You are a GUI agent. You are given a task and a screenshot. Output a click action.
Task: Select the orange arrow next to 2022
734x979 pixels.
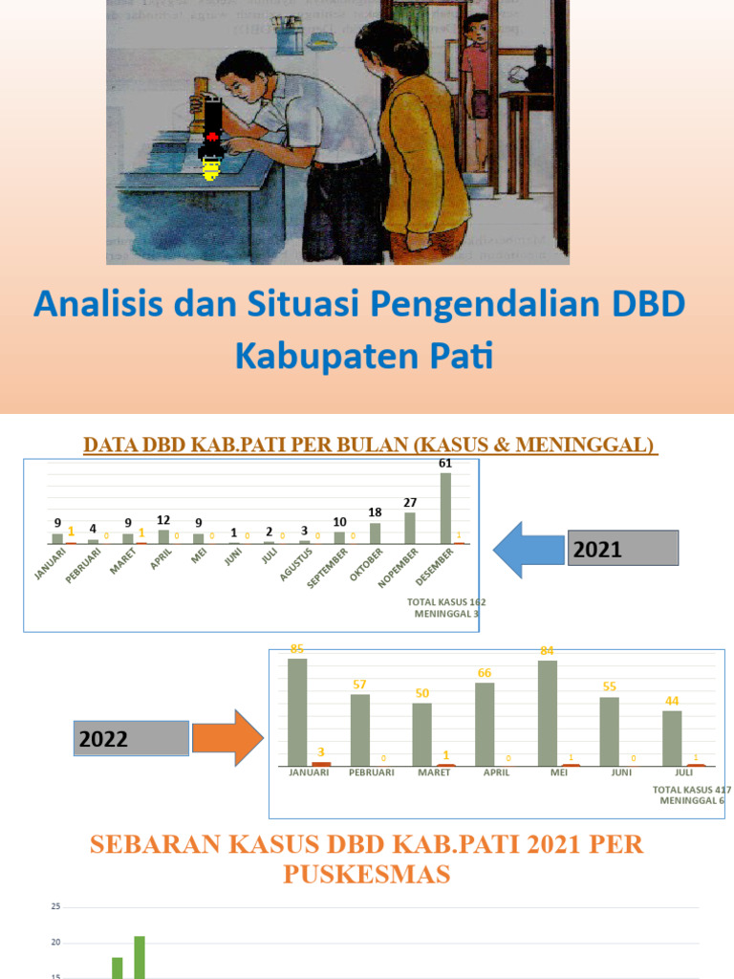(227, 737)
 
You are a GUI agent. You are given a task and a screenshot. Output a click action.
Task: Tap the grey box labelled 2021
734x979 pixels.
(622, 549)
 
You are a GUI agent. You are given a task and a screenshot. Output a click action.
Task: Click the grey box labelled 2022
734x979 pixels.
(133, 738)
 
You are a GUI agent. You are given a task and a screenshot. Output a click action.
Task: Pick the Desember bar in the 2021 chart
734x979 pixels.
(445, 508)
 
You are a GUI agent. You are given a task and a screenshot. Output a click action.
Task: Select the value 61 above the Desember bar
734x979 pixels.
(445, 463)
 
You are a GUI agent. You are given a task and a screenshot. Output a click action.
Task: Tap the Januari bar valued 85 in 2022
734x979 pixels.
(297, 711)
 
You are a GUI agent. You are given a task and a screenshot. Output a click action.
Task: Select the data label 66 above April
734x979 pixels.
(485, 673)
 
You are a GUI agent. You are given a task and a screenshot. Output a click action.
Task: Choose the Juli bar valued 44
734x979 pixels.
(672, 737)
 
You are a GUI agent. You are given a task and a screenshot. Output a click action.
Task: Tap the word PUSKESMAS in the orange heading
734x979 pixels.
(366, 874)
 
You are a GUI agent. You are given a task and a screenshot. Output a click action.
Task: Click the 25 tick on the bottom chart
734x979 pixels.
(56, 906)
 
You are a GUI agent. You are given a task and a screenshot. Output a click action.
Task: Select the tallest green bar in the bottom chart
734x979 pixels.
(140, 956)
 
